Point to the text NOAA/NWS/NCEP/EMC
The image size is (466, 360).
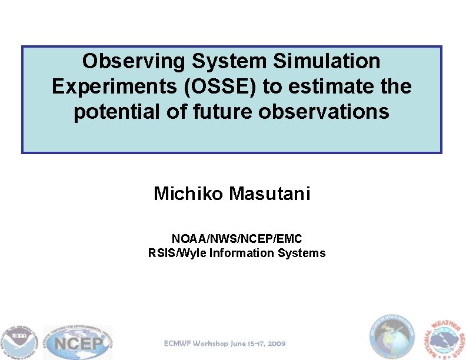[x=237, y=239]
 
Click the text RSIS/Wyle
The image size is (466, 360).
[x=171, y=253]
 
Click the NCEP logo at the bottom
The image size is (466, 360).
[x=78, y=342]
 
